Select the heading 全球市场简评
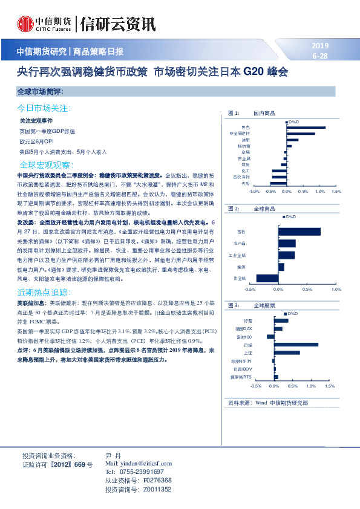[x=41, y=91]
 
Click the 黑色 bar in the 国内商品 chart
[x=306, y=128]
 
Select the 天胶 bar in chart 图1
[x=278, y=182]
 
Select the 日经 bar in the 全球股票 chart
[x=296, y=345]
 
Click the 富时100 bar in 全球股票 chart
[x=270, y=337]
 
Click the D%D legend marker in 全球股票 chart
[x=286, y=314]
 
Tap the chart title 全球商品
[x=264, y=208]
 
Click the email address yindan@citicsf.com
[x=139, y=462]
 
